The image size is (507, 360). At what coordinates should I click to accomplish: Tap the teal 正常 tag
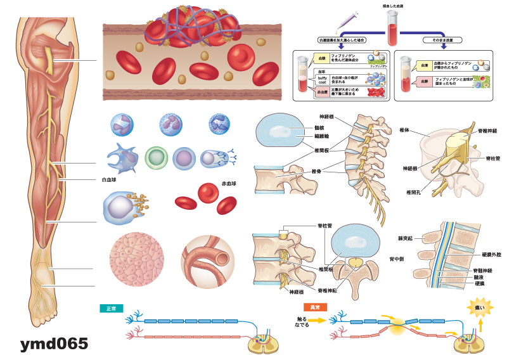(x=111, y=308)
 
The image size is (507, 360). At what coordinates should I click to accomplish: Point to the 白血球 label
(x=108, y=179)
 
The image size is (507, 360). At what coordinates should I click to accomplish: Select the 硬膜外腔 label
(x=491, y=254)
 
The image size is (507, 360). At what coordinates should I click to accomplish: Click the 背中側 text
(x=397, y=259)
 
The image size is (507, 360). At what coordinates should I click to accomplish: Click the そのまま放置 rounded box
(x=435, y=40)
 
